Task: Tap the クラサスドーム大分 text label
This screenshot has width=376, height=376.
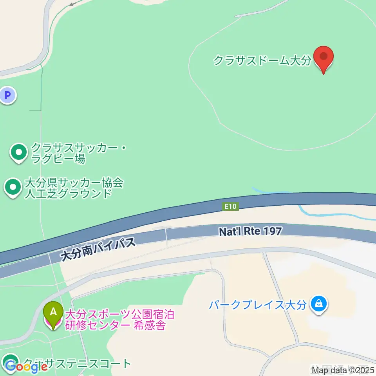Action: click(262, 61)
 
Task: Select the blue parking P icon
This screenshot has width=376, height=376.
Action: click(7, 95)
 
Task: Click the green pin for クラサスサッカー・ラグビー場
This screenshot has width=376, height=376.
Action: click(18, 152)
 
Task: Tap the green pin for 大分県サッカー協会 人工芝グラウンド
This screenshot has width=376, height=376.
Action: click(13, 187)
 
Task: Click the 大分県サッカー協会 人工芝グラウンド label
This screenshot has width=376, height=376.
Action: click(74, 188)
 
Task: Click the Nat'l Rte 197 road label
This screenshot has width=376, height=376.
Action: click(250, 231)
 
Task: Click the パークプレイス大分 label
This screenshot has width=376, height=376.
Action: click(257, 305)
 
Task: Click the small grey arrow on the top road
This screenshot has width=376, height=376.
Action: click(71, 4)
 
